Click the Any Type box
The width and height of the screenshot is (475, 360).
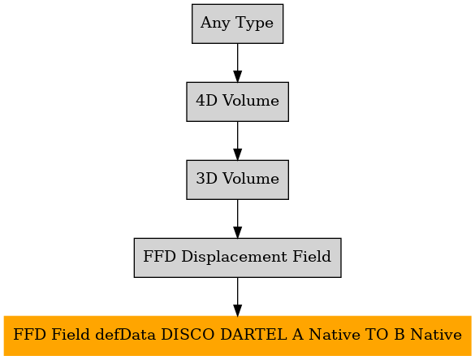coord(237,24)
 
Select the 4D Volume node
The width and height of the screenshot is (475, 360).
coord(237,102)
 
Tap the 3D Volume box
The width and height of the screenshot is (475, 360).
coord(237,180)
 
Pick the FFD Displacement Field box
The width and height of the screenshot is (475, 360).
coord(237,258)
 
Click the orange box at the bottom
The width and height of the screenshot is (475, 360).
coord(237,336)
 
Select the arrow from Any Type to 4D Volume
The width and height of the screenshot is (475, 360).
coord(237,63)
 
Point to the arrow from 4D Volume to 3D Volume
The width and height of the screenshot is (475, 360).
coord(237,141)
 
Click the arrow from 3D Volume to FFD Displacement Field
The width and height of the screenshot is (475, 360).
coord(237,219)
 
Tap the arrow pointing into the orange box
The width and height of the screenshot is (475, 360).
coord(237,297)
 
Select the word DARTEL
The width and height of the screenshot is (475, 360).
coord(253,335)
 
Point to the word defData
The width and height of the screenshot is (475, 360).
coord(125,335)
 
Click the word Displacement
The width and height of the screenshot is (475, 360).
coord(234,257)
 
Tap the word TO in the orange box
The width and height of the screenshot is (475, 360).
coord(377,335)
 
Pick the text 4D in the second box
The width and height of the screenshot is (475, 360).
coord(206,101)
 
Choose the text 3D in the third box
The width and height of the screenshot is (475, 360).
coord(206,178)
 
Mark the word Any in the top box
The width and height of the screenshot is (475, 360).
coord(215,24)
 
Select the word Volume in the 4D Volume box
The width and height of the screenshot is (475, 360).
coord(251,101)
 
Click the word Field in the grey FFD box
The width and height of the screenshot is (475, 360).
coord(312,256)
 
